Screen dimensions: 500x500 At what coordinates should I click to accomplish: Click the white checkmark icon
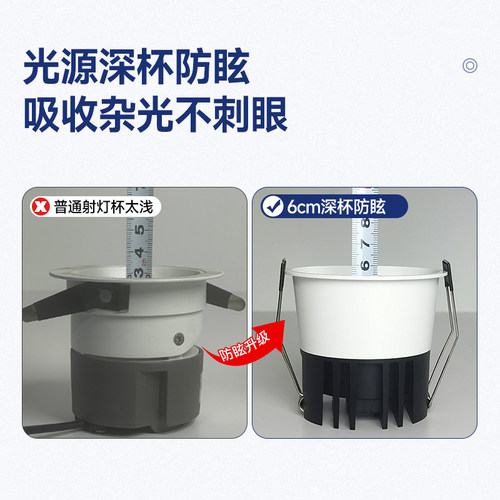[x=270, y=208]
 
